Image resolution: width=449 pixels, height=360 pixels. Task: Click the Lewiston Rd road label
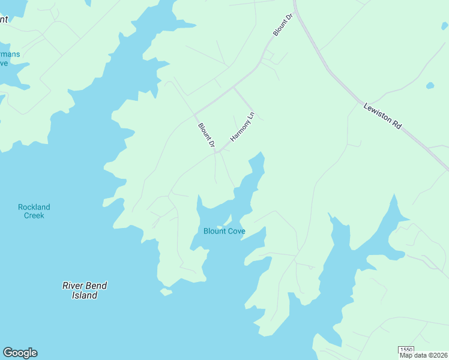pos(382,116)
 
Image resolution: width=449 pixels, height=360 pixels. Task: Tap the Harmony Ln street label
pos(243,127)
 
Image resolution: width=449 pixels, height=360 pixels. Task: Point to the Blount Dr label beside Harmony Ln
pos(206,135)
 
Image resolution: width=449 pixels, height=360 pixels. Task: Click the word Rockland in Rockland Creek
pos(34,207)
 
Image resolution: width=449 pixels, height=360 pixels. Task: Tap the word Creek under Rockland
pos(34,215)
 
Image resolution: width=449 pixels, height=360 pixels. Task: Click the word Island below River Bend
pos(85,295)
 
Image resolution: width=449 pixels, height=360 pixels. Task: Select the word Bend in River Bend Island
pos(96,286)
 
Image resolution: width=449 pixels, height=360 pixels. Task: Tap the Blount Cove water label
pos(224,231)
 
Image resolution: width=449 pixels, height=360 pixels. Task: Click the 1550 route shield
pos(406,349)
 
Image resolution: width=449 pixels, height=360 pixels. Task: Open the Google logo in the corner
pos(20,353)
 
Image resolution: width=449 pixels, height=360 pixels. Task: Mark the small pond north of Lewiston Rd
pos(430,86)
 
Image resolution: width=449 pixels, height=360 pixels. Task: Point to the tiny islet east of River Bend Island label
pos(166,292)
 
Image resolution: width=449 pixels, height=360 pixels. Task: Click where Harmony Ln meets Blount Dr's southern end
pos(217,152)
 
